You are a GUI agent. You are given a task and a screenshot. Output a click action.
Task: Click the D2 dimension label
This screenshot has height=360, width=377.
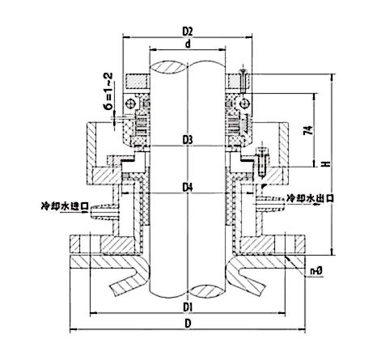[x=188, y=32]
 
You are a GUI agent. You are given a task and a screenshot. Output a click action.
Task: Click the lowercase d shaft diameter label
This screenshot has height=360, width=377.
[x=188, y=44]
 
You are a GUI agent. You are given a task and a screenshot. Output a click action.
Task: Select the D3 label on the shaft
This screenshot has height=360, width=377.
[x=188, y=140]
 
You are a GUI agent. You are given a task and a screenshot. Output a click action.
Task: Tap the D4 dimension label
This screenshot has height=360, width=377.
[x=188, y=187]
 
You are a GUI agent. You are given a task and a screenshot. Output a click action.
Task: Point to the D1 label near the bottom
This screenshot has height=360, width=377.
[x=188, y=307]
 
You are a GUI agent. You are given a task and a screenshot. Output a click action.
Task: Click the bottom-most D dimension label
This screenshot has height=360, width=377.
[x=188, y=323]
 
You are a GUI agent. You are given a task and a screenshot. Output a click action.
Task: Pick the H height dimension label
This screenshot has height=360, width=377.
[x=327, y=163]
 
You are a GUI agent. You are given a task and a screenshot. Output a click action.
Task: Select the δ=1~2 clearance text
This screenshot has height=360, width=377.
[x=108, y=91]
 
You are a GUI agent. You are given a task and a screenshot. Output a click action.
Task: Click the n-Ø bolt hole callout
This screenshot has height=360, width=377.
[x=316, y=271]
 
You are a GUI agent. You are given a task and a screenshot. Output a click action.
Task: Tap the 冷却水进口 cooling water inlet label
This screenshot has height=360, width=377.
[x=65, y=206]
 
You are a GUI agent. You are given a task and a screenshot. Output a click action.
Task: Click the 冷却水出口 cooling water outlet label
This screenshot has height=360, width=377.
[x=311, y=198]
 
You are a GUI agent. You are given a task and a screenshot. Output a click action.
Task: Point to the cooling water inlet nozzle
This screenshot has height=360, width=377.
[x=104, y=211]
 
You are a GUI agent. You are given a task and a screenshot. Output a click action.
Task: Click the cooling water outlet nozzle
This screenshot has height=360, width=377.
[x=270, y=202]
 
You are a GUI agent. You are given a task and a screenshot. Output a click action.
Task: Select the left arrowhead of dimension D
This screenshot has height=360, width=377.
[x=73, y=329]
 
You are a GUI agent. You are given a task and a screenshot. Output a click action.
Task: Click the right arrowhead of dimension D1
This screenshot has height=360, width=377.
[x=282, y=313]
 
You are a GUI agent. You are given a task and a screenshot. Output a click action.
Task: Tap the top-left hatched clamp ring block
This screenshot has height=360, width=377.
[x=137, y=81]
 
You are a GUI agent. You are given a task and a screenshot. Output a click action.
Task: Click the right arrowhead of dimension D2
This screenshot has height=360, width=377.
[x=249, y=38]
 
